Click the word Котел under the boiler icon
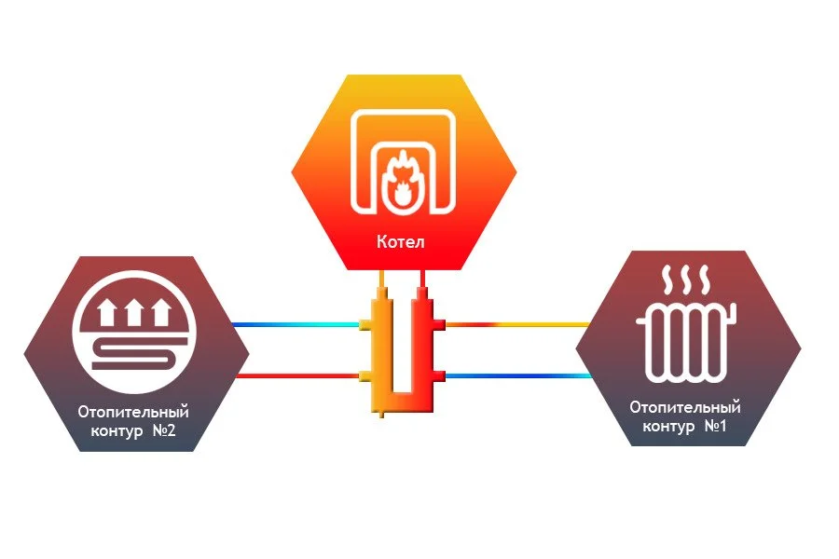[x=401, y=242]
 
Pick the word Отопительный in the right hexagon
[x=685, y=407]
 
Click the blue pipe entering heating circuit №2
[x=294, y=325]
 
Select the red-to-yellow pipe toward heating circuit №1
[x=517, y=325]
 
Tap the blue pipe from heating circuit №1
[x=517, y=375]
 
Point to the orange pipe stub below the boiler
[x=382, y=279]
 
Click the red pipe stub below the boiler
[x=423, y=279]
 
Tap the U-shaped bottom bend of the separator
[x=403, y=402]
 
